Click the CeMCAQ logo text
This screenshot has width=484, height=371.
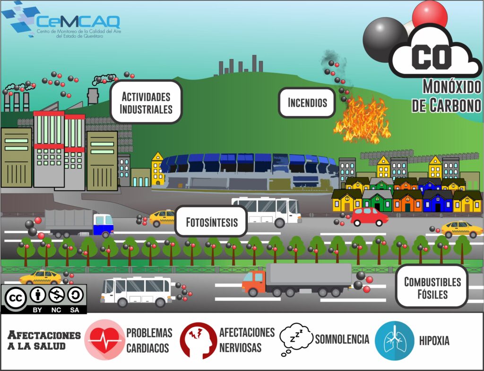pos(78,21)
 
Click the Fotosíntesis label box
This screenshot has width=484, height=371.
pos(211,221)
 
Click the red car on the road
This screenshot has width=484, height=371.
pos(369,217)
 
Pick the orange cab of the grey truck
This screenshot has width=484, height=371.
pos(254,282)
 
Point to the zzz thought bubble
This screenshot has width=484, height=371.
pos(296,338)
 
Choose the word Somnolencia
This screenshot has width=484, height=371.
pos(341,339)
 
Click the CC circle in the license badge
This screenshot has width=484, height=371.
pos(15,298)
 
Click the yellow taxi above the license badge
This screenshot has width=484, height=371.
pos(41,277)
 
